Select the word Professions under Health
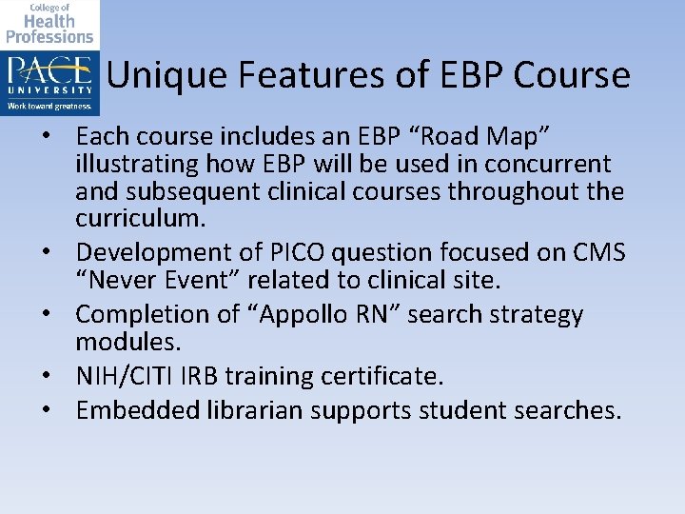[x=49, y=36]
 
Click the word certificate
[x=380, y=376]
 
